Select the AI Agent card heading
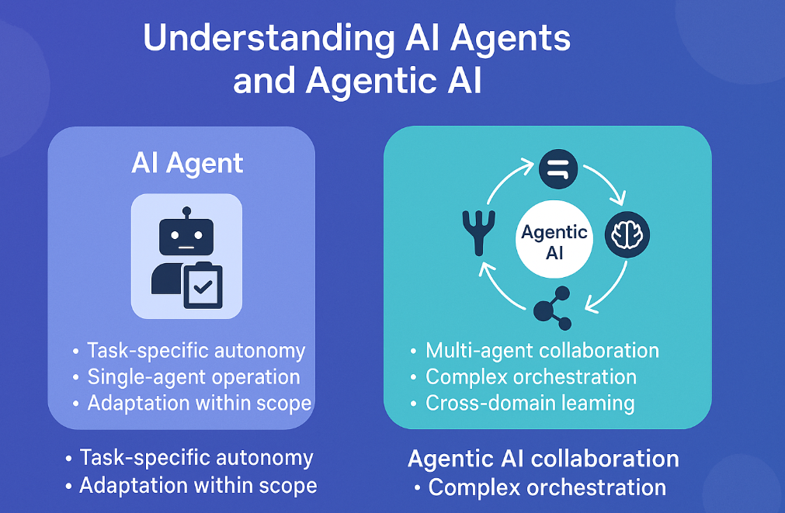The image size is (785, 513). tap(187, 164)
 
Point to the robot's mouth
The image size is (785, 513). tap(186, 247)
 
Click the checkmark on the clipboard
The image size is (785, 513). tap(203, 287)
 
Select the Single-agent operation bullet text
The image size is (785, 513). tap(193, 377)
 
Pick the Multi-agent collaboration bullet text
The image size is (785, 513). tap(542, 351)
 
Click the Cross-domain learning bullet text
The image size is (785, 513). tap(530, 404)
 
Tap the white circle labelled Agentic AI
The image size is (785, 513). tap(554, 243)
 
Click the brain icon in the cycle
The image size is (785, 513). tap(627, 234)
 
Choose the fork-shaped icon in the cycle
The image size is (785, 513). tap(474, 229)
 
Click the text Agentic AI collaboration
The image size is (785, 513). tap(543, 459)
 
